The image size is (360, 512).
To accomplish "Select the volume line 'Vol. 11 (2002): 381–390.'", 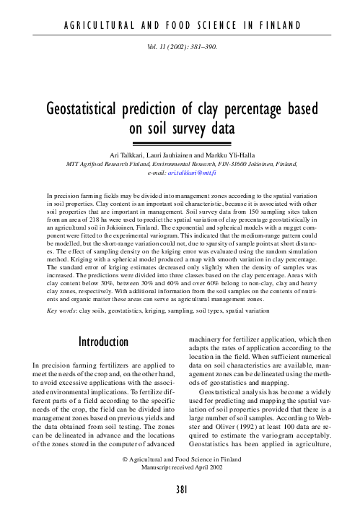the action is point(180,45).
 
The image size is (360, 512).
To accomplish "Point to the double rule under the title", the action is point(180,144).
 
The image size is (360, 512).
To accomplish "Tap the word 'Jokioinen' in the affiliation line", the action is point(262,165).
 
